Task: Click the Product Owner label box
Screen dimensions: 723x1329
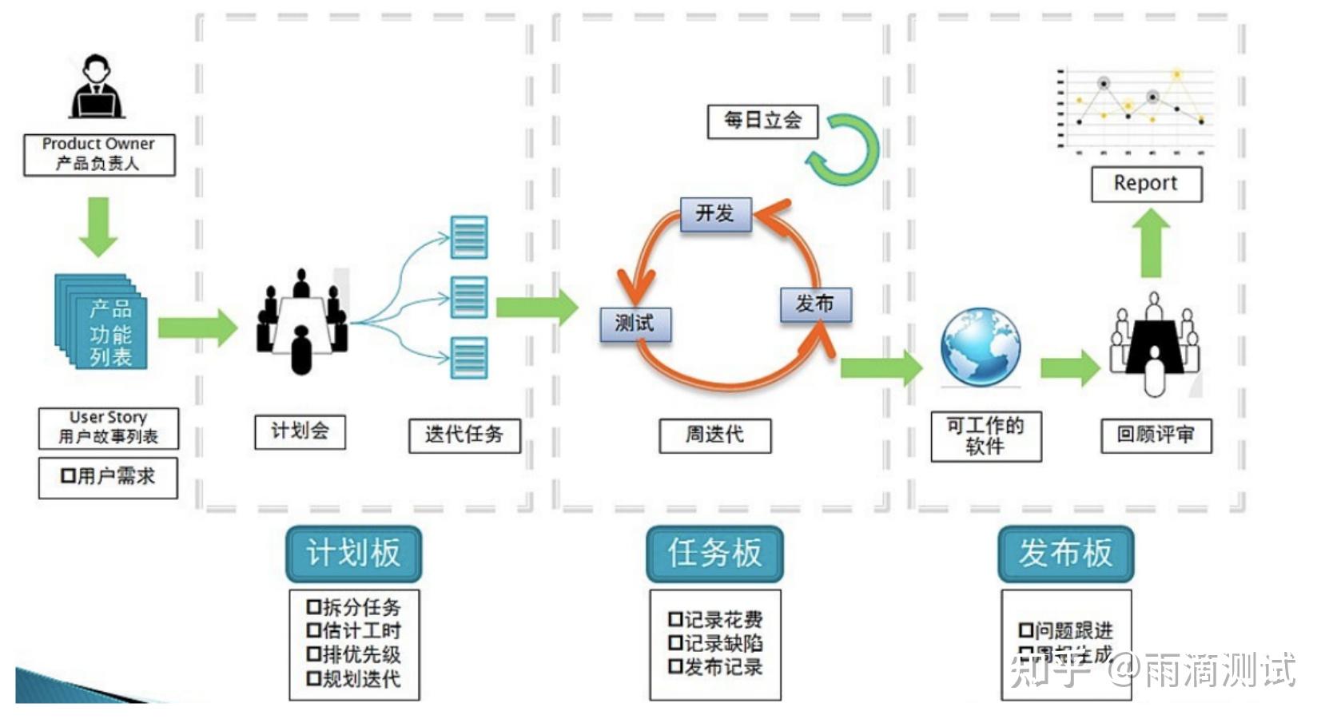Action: [99, 154]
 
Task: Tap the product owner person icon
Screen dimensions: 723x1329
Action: [97, 87]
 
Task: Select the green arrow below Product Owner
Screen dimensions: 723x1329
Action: [98, 227]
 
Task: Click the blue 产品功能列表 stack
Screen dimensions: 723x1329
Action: [102, 322]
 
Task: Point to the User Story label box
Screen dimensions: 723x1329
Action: [109, 428]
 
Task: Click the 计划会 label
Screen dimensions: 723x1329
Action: [300, 431]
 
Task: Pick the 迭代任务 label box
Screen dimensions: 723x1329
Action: [464, 435]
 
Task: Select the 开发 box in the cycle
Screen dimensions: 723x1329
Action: [715, 214]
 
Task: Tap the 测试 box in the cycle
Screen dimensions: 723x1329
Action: [635, 324]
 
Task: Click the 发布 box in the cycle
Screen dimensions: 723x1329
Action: [815, 304]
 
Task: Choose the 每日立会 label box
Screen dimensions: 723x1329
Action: [762, 121]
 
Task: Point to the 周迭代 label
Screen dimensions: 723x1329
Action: [715, 435]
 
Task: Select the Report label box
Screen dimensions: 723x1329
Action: [1146, 184]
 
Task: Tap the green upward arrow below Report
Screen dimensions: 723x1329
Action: [1151, 243]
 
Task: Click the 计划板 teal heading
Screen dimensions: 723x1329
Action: [353, 553]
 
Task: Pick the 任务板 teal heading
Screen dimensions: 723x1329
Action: [714, 553]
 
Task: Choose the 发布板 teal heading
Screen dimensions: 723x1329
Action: [1065, 553]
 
